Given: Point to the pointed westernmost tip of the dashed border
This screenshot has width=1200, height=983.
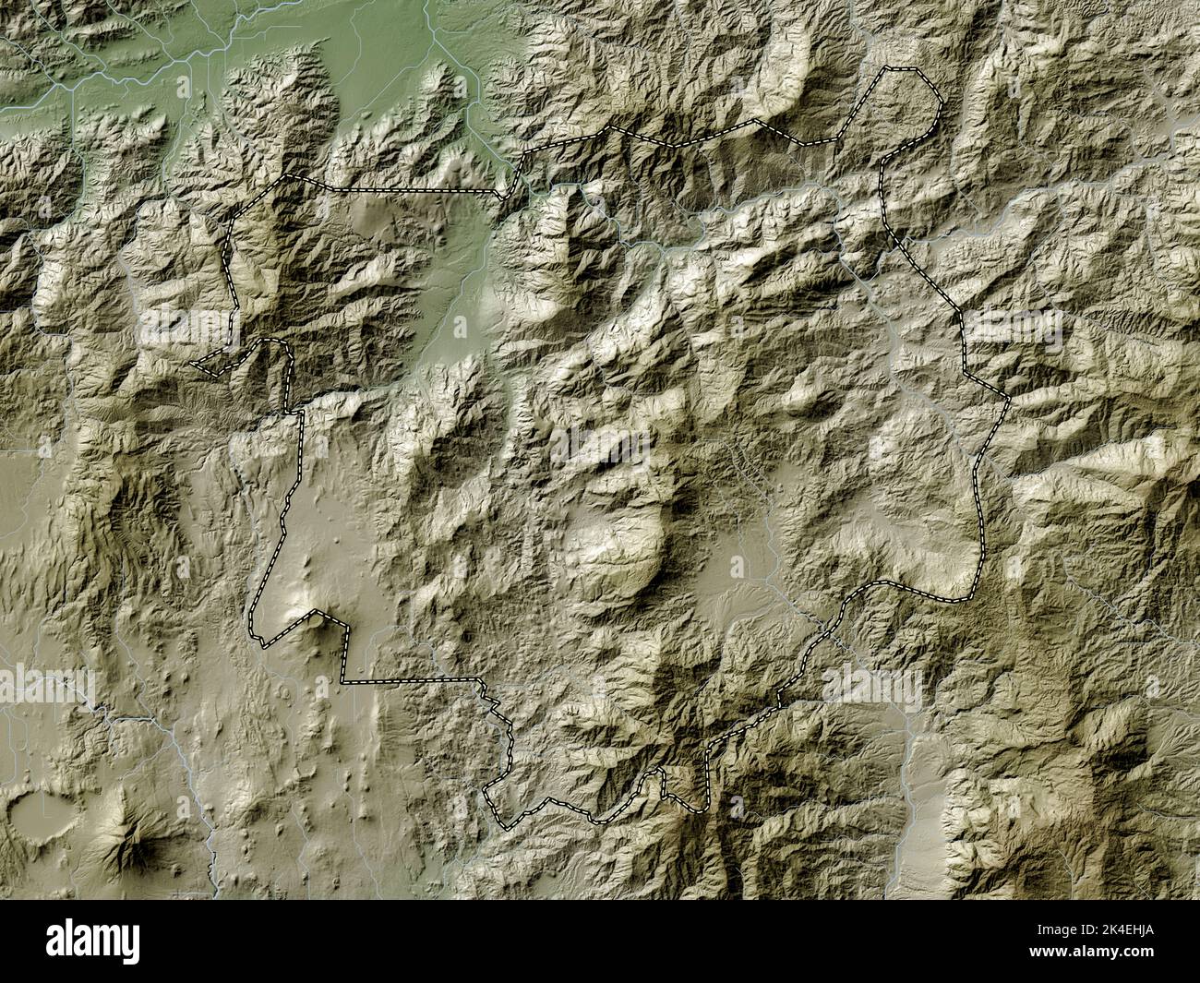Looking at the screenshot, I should (x=193, y=366).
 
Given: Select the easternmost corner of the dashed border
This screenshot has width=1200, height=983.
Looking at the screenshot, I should (x=1007, y=398).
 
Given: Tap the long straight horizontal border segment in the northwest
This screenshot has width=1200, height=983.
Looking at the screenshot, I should (x=406, y=191).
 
